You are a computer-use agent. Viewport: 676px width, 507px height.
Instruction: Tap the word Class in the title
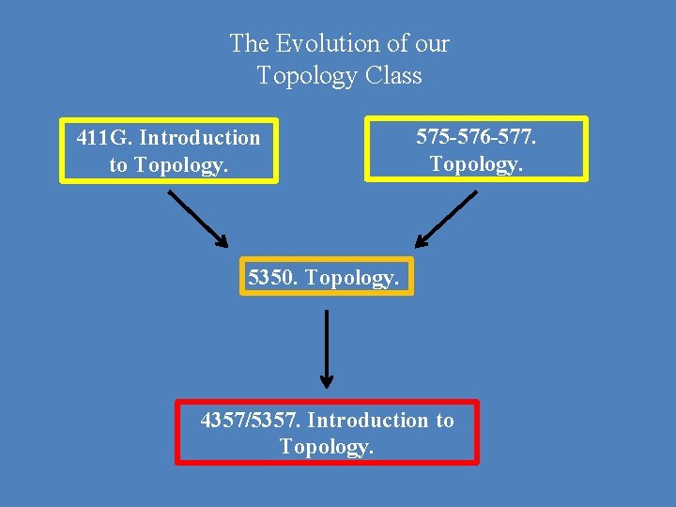coord(393,75)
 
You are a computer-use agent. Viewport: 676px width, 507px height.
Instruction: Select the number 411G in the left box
coord(103,138)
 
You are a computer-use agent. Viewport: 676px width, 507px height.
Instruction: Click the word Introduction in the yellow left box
coord(200,138)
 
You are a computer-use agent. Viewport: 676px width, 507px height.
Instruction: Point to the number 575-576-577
coord(476,136)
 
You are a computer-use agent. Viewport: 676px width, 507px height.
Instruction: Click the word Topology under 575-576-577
coord(474,163)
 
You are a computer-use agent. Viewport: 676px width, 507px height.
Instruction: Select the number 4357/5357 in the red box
coord(251,420)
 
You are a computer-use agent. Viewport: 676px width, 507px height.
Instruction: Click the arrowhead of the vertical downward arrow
coord(326,380)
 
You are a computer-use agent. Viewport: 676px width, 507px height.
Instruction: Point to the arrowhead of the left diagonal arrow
coord(222,241)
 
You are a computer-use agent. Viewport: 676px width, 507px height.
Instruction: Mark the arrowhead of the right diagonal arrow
coord(422,241)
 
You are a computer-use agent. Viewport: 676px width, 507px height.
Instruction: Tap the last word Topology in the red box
coord(326,446)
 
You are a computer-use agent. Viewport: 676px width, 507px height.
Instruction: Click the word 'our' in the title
coord(433,43)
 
